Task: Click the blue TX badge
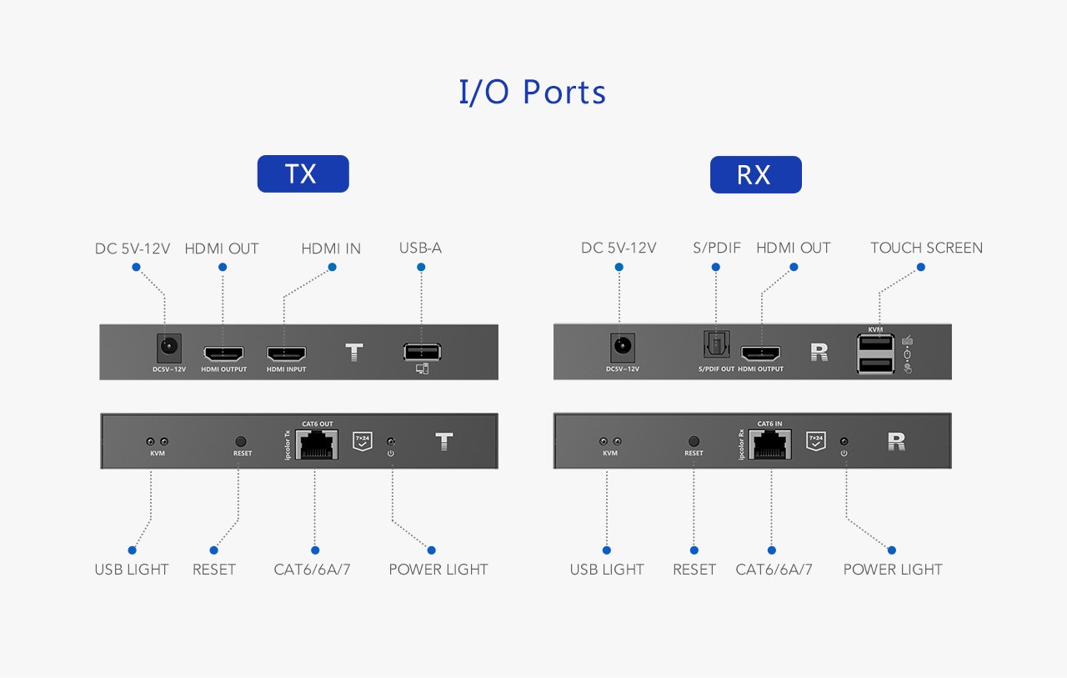pyautogui.click(x=303, y=173)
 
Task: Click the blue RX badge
pyautogui.click(x=755, y=174)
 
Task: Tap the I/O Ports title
pyautogui.click(x=533, y=92)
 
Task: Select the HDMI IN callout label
pyautogui.click(x=331, y=249)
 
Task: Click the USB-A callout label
pyautogui.click(x=420, y=249)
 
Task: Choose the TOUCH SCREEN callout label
pyautogui.click(x=926, y=249)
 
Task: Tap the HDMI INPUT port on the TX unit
pyautogui.click(x=286, y=354)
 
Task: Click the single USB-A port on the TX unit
pyautogui.click(x=421, y=352)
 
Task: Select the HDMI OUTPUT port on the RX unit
pyautogui.click(x=760, y=354)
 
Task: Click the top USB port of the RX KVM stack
pyautogui.click(x=875, y=344)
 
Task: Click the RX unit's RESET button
pyautogui.click(x=694, y=440)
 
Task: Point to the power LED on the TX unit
pyautogui.click(x=391, y=441)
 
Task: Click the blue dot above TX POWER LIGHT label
pyautogui.click(x=431, y=550)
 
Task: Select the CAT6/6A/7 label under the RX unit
pyautogui.click(x=774, y=570)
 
